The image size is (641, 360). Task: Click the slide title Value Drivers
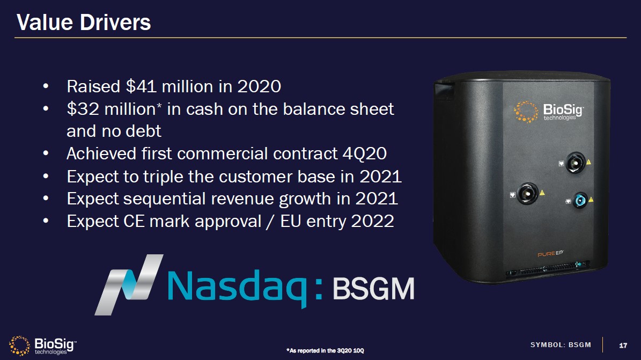[84, 22]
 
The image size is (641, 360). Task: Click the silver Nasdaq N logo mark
[129, 285]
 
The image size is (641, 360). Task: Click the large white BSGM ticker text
[374, 289]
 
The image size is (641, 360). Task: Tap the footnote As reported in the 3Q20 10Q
[325, 350]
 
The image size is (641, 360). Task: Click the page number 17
[623, 346]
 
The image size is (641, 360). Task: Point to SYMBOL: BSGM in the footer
[561, 345]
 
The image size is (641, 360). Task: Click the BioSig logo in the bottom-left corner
[42, 346]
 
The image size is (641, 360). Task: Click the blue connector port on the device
[579, 201]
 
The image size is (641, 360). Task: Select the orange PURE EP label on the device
[550, 254]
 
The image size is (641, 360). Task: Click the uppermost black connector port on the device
[575, 163]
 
